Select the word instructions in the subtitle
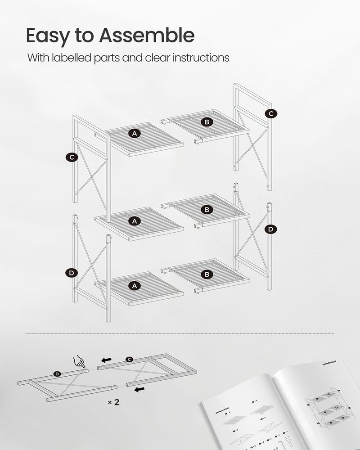(198, 58)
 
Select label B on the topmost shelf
(207, 121)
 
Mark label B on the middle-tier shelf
(207, 209)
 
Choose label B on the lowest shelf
(207, 274)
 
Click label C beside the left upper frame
(71, 157)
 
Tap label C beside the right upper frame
(270, 114)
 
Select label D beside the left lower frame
(71, 273)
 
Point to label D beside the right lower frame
(270, 229)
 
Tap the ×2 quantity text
(114, 402)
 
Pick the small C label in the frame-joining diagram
(129, 359)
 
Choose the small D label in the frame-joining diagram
(57, 374)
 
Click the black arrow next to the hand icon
(106, 360)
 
